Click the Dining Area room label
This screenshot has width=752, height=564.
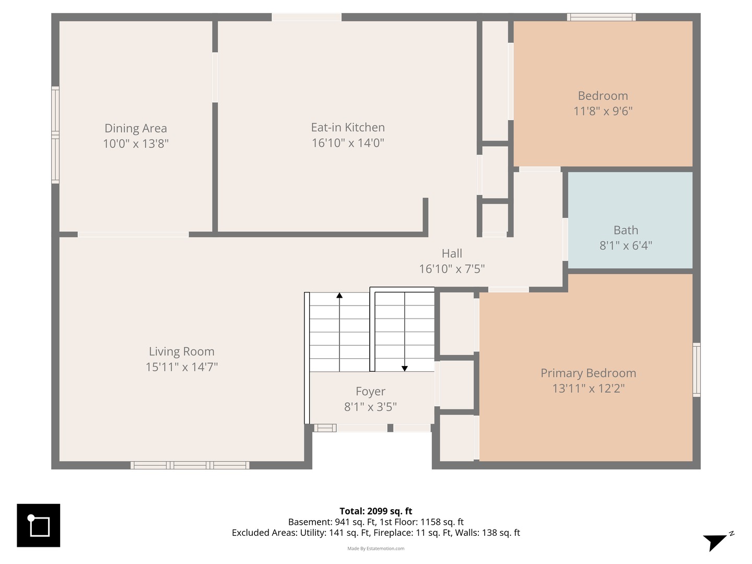click(136, 128)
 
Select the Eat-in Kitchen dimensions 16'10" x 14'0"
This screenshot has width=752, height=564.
click(348, 143)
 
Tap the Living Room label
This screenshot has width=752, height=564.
click(182, 351)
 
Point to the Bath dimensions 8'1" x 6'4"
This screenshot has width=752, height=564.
click(626, 245)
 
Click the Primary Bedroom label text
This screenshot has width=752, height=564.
click(588, 373)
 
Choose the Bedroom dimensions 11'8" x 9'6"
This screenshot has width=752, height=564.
click(603, 111)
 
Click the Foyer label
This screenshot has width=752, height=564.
click(370, 392)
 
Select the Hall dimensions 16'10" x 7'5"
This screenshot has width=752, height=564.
click(452, 269)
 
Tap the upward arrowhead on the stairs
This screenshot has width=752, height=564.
click(339, 295)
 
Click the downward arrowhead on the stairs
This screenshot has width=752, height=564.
click(405, 369)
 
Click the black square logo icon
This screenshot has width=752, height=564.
click(38, 525)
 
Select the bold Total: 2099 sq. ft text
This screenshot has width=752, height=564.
click(376, 511)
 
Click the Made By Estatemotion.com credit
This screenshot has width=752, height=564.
click(376, 548)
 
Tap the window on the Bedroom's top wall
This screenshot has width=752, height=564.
click(601, 17)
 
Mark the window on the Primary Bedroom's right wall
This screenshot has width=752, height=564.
click(697, 370)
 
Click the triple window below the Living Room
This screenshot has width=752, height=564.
click(190, 465)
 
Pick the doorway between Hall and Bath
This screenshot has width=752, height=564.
click(565, 239)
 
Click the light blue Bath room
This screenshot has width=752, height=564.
click(630, 220)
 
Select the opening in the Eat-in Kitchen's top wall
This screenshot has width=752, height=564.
click(307, 17)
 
